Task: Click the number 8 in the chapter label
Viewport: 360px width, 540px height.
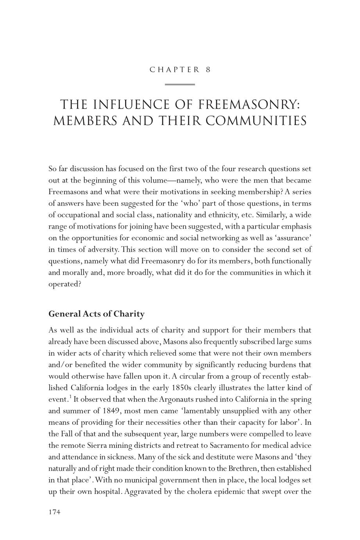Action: [x=208, y=70]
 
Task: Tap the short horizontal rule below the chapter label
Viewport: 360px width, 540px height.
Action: [x=180, y=84]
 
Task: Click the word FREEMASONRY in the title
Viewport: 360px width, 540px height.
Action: [x=249, y=105]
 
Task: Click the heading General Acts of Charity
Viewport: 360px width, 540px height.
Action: [x=96, y=314]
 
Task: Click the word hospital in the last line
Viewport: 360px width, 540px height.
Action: [x=106, y=491]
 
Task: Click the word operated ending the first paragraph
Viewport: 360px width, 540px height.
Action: [x=64, y=284]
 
